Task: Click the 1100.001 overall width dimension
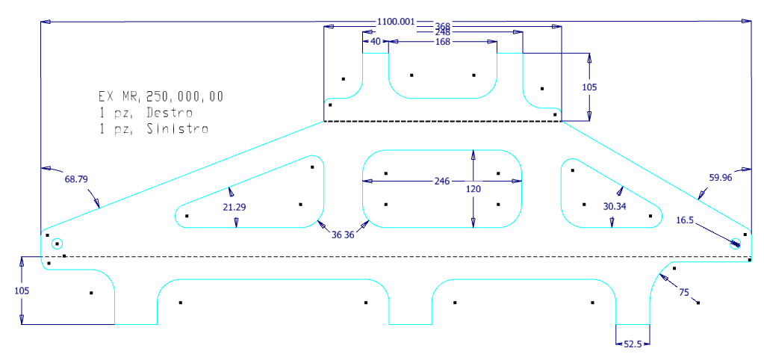[x=396, y=22]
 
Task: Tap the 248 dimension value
[x=443, y=33]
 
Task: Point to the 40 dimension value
[x=376, y=43]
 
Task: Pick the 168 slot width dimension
[x=443, y=43]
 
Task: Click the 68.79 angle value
[x=76, y=179]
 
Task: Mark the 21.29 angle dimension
[x=235, y=207]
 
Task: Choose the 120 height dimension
[x=472, y=189]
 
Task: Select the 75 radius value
[x=683, y=292]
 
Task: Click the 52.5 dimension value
[x=632, y=344]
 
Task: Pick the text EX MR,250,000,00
[x=161, y=96]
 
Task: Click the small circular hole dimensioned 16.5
[x=735, y=243]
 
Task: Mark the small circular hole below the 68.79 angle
[x=57, y=243]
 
